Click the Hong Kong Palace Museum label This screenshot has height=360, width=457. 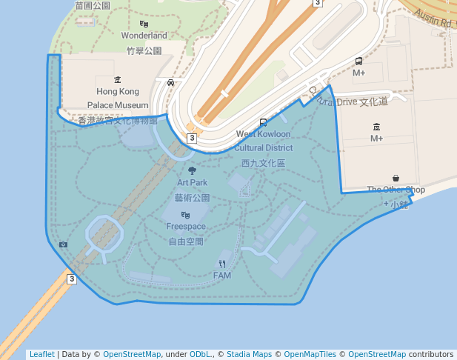118,99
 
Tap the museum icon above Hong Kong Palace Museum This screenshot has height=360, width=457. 118,79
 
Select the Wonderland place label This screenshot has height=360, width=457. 144,36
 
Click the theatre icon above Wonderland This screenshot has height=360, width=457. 144,24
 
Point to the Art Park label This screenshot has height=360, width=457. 192,182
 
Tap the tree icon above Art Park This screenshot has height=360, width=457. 193,170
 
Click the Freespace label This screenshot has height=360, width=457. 186,226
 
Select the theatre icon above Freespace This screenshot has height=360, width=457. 186,214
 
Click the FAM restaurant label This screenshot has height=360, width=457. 222,276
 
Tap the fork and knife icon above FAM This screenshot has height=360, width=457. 222,264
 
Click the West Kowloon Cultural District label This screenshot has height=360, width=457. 263,141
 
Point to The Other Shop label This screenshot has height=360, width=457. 396,190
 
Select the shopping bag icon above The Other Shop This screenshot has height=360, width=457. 396,179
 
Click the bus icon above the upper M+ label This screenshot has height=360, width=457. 359,61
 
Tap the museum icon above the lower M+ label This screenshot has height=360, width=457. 377,127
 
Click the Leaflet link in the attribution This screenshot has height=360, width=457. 41,354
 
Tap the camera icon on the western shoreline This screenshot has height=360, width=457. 64,244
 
